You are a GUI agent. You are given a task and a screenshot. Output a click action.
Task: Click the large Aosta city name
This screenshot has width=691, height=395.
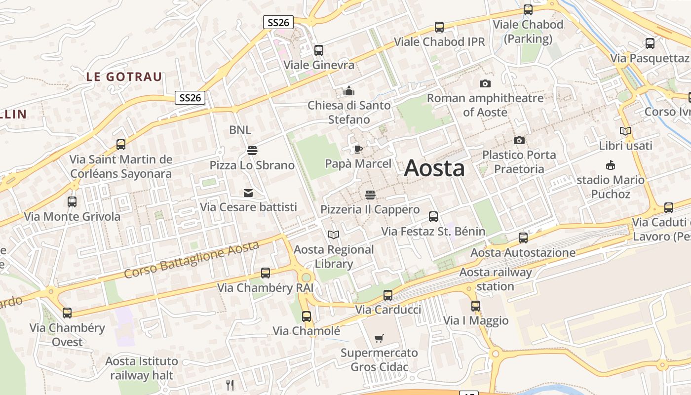[x=434, y=168]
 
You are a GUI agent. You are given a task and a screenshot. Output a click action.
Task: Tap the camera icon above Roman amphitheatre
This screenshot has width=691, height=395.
[x=485, y=83]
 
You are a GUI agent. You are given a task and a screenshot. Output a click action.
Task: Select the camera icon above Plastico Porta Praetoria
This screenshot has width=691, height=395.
[x=519, y=141]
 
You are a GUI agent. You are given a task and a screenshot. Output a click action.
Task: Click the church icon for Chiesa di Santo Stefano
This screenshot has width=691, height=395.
[x=349, y=91]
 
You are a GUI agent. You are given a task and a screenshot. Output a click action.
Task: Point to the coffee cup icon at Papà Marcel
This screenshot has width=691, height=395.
[x=358, y=149]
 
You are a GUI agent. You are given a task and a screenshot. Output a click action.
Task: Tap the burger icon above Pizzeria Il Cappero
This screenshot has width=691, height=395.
[x=370, y=195]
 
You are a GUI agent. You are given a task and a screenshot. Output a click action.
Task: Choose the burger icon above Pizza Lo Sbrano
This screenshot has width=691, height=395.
[x=252, y=150]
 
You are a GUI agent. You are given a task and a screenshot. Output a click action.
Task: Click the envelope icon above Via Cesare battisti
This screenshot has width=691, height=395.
[x=248, y=193]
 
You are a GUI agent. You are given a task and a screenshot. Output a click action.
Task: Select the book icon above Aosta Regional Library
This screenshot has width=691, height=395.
[x=334, y=235]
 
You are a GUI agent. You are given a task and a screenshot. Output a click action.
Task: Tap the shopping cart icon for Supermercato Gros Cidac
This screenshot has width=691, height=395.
[x=379, y=339]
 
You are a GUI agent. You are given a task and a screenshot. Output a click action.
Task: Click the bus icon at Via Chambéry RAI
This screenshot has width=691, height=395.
[x=266, y=273]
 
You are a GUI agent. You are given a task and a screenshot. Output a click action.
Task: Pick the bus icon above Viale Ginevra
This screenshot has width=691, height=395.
[x=319, y=50]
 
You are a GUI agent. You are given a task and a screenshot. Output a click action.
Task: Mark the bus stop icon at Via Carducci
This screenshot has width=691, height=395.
[x=388, y=295]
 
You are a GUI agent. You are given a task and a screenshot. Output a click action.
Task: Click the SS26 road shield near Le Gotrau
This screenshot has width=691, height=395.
[x=191, y=98]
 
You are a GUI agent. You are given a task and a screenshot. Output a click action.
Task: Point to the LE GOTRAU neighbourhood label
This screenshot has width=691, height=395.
[x=124, y=77]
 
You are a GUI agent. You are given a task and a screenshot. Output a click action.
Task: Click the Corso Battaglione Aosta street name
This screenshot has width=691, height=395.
[x=192, y=259]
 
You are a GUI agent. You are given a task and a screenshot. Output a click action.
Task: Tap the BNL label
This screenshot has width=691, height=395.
[x=240, y=130]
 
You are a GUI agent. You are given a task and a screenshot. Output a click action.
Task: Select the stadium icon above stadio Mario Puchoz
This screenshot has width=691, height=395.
[x=611, y=165]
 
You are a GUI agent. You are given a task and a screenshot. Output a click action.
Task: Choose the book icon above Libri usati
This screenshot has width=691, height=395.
[x=625, y=131]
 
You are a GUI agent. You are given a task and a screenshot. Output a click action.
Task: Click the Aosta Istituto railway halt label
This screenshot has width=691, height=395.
[x=142, y=368]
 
